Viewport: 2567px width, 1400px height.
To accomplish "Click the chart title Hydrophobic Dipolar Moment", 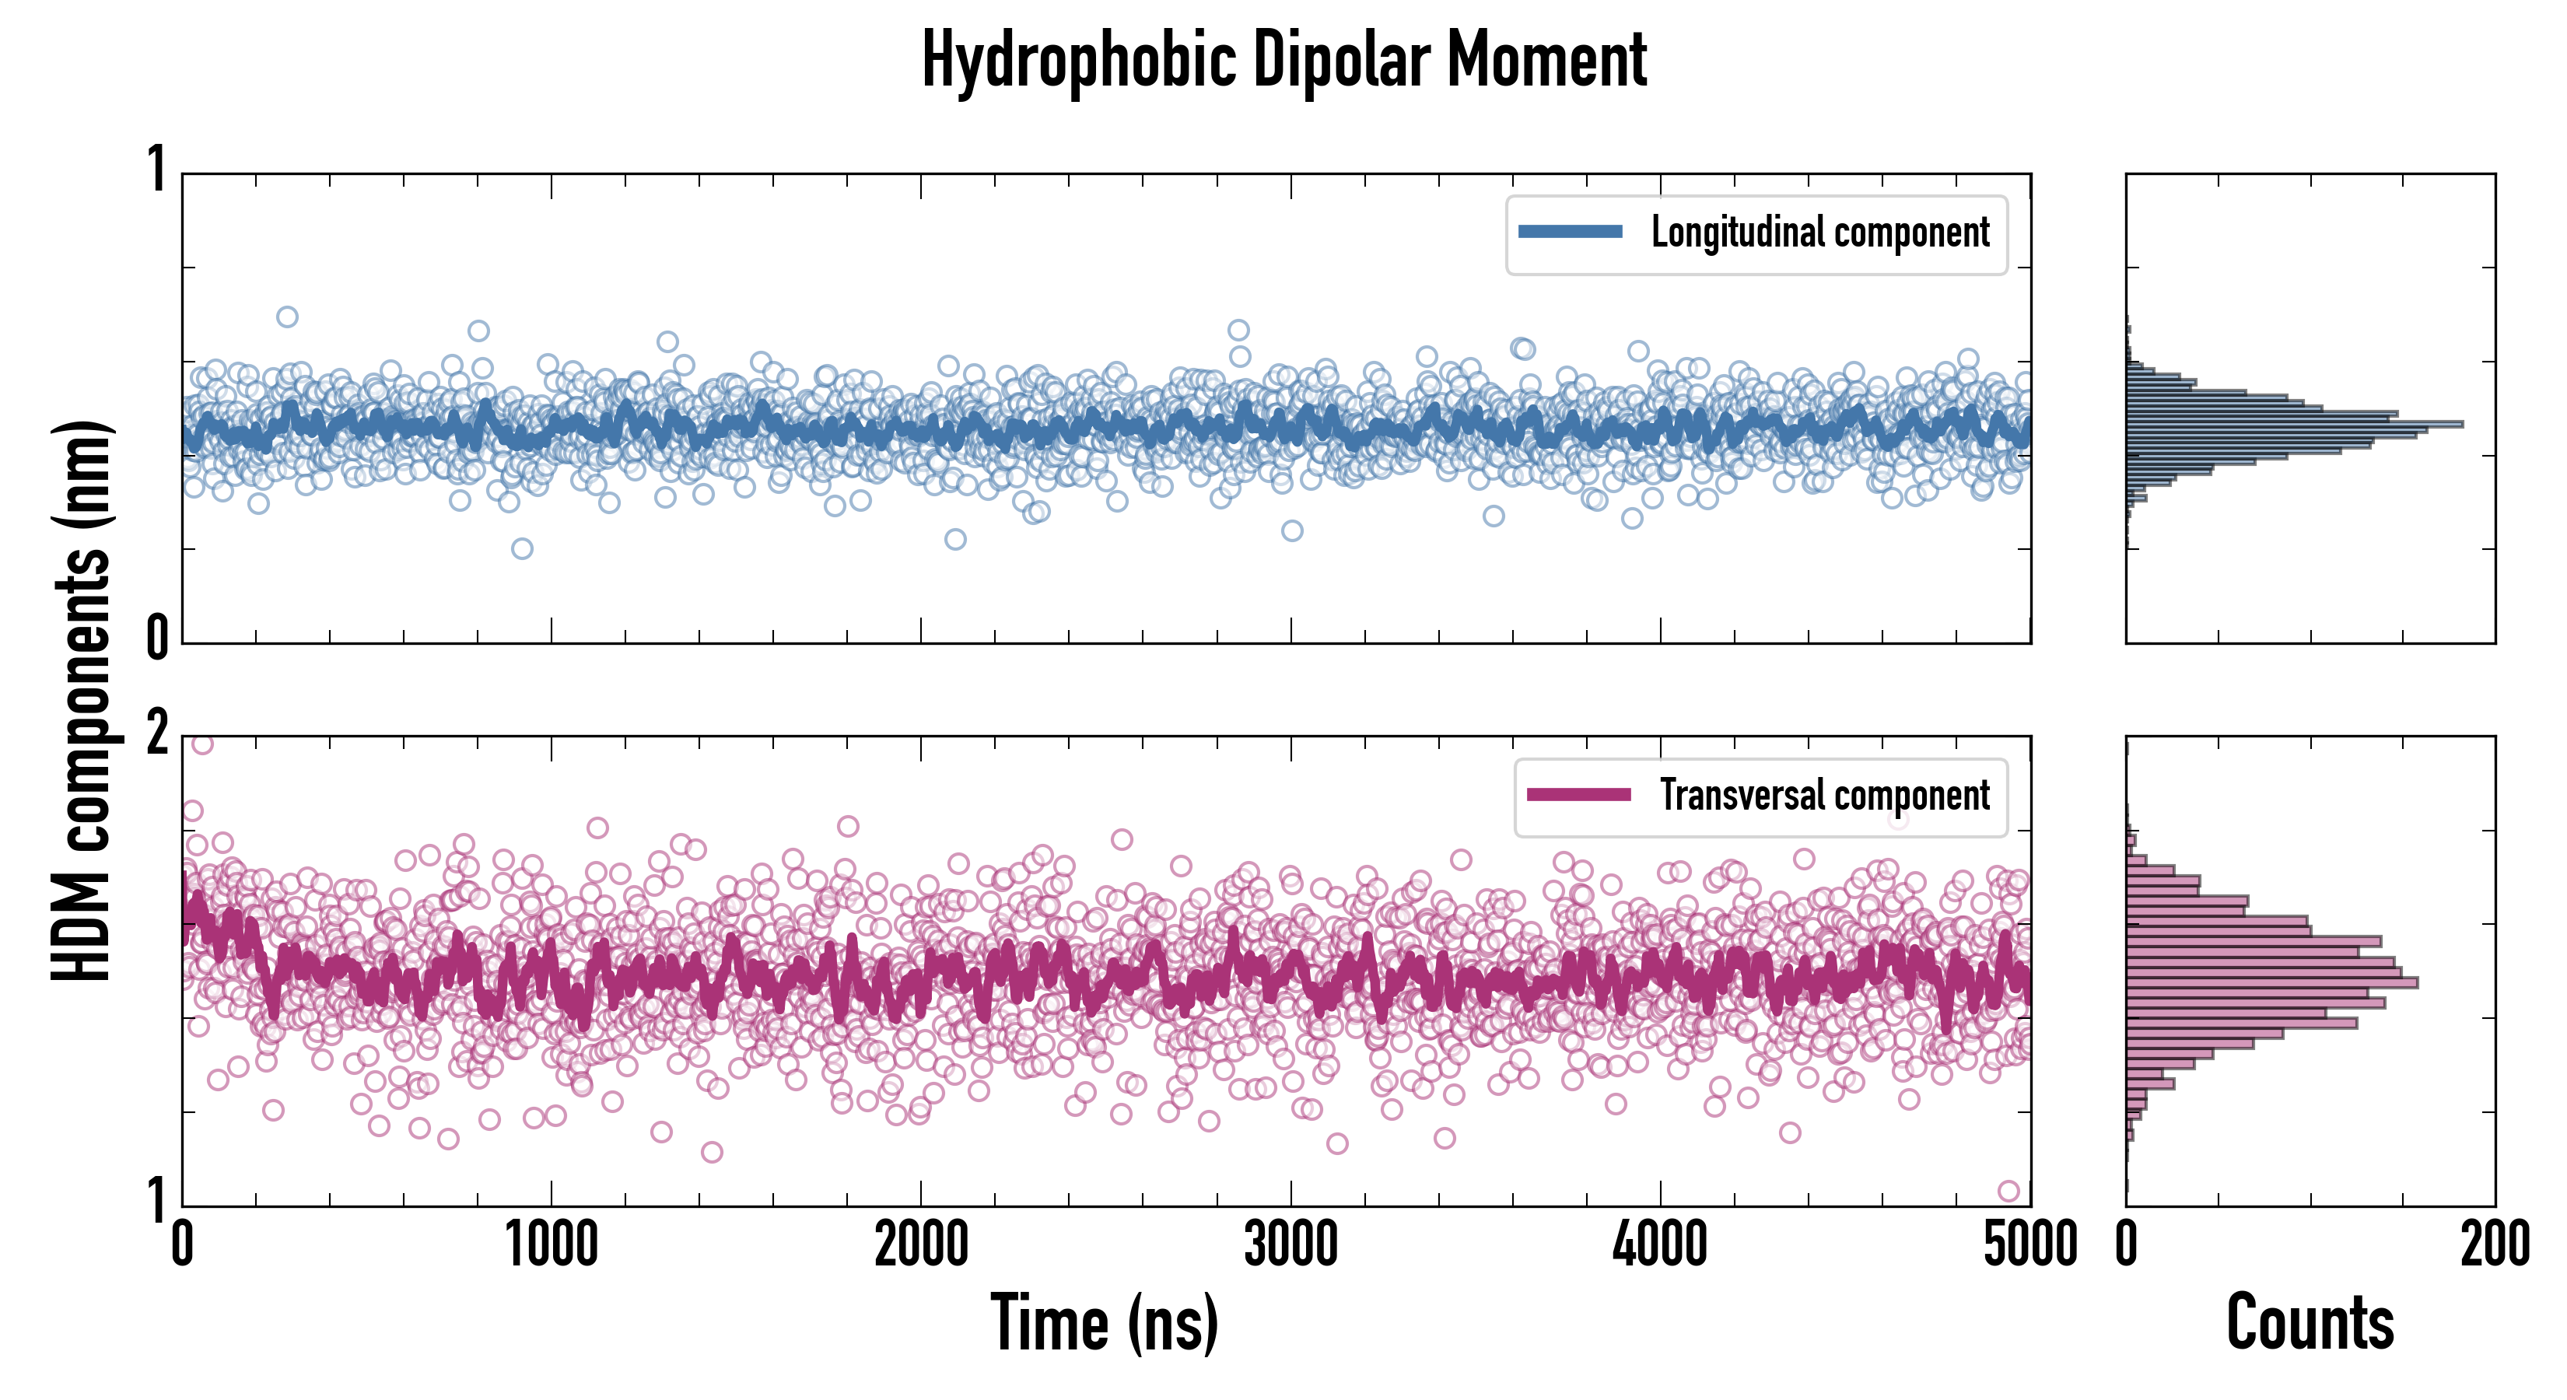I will tap(1283, 61).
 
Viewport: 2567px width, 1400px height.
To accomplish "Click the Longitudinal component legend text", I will tap(1819, 233).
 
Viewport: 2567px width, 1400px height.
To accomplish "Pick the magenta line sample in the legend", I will tap(1578, 794).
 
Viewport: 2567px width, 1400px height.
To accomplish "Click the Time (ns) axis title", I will tap(1104, 1323).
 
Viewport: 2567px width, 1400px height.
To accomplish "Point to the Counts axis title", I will tap(2310, 1323).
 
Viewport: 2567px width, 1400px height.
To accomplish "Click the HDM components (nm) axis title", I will tap(82, 701).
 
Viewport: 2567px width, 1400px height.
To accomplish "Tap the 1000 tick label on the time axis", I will tap(551, 1245).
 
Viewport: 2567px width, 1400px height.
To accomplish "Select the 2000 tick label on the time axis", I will tap(921, 1245).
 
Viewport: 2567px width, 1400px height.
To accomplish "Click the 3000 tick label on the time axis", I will tap(1291, 1245).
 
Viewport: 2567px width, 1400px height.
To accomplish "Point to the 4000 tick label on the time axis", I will tap(1660, 1245).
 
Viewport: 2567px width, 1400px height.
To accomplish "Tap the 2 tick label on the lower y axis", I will tap(157, 735).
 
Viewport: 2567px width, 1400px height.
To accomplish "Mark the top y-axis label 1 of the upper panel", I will tap(157, 170).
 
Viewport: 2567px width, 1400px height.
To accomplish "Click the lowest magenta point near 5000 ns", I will tap(2009, 1191).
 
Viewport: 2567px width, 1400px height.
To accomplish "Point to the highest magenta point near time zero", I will tap(202, 744).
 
